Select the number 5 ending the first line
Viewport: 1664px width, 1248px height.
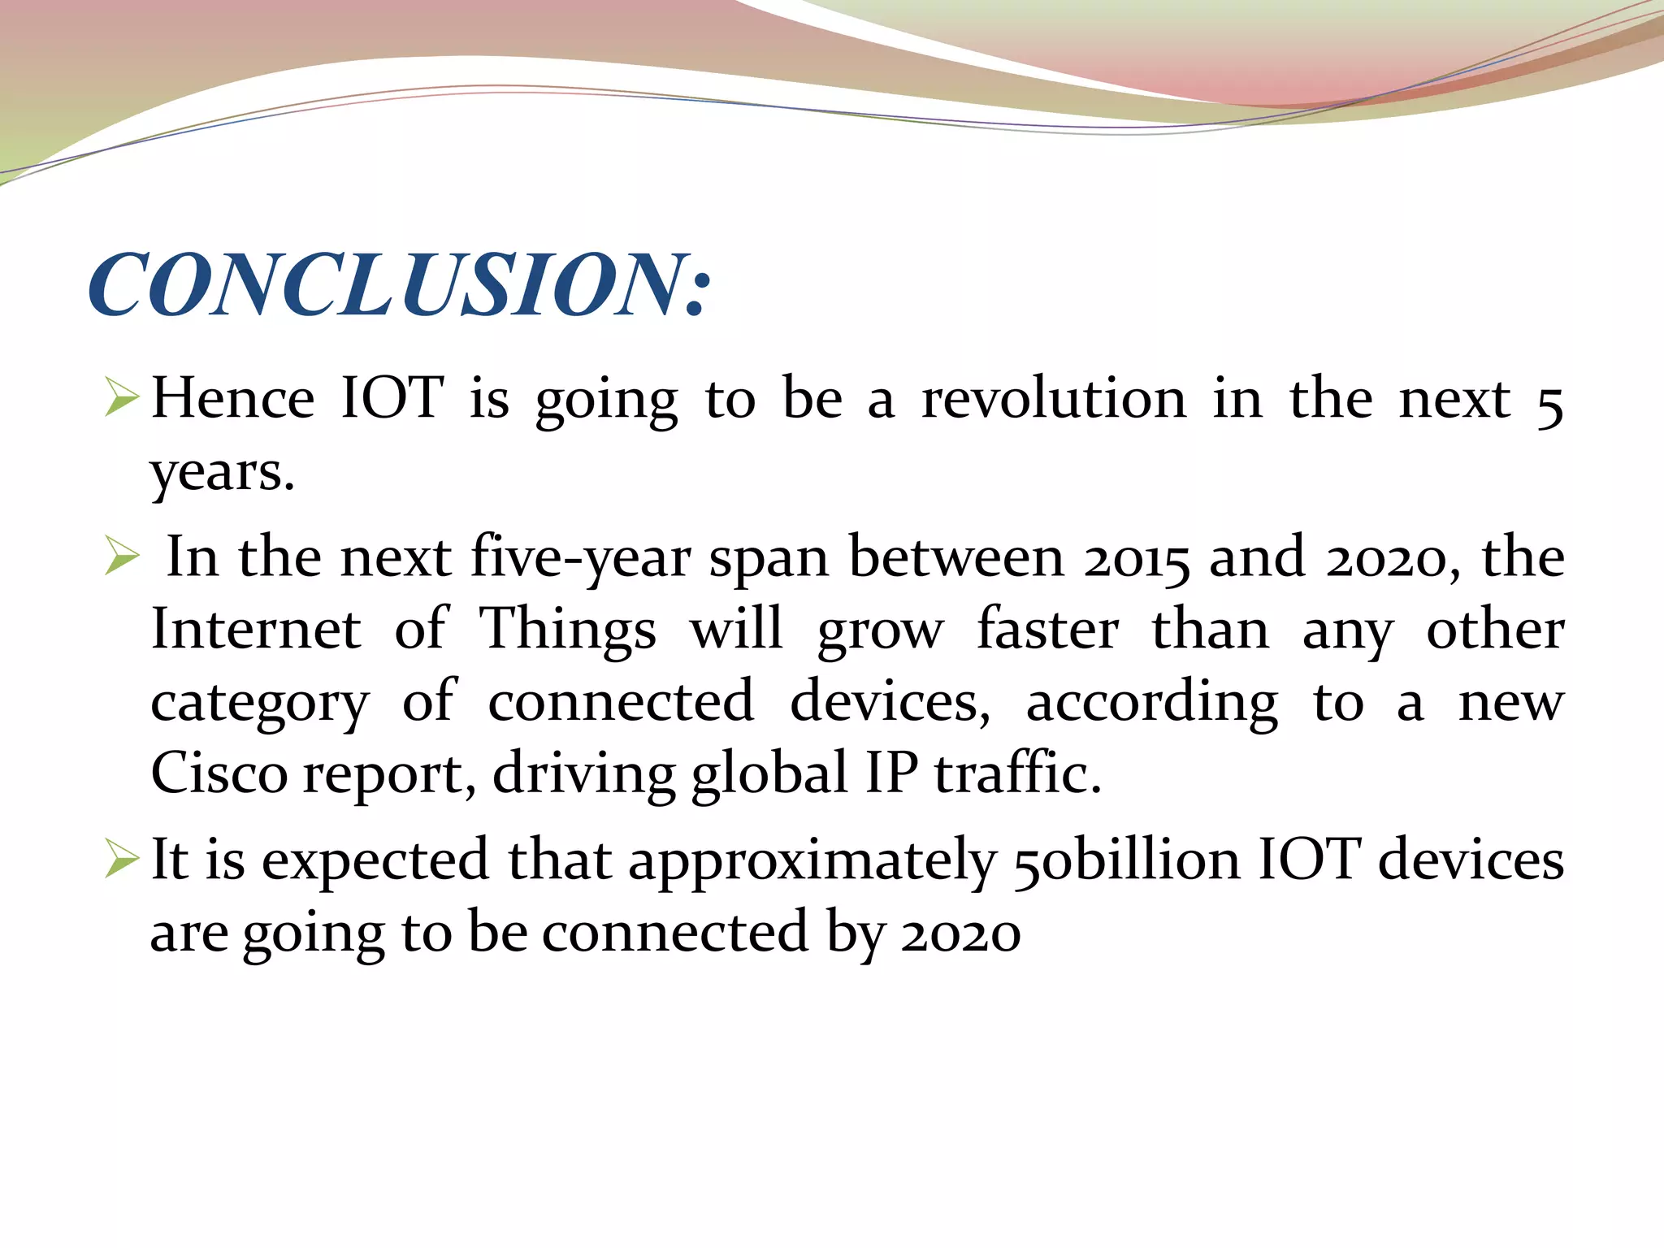pyautogui.click(x=1549, y=404)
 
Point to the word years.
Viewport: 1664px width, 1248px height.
pyautogui.click(x=222, y=473)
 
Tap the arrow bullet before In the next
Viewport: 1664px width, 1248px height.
pyautogui.click(x=122, y=558)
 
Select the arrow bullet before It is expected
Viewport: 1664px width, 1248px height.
pyautogui.click(x=122, y=861)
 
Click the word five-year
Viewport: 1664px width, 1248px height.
pyautogui.click(x=581, y=559)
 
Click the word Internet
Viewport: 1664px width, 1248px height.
pyautogui.click(x=256, y=630)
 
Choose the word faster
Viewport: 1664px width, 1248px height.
pyautogui.click(x=1048, y=630)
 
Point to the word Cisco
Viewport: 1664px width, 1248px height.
pyautogui.click(x=219, y=773)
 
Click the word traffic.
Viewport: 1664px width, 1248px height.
pyautogui.click(x=1017, y=773)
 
